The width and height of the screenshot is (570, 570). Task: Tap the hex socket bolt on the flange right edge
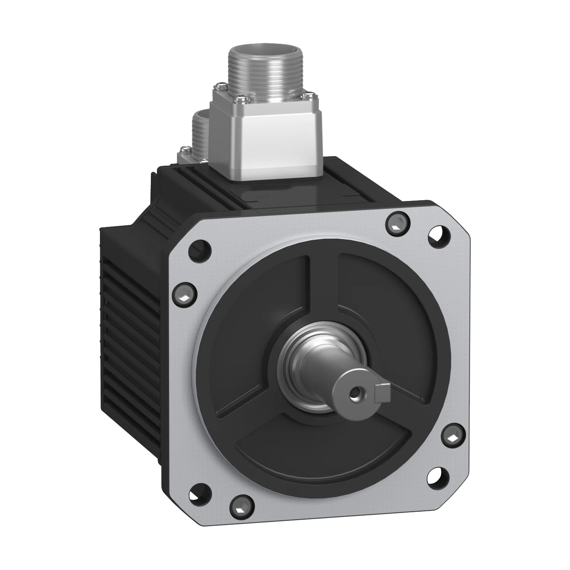click(453, 437)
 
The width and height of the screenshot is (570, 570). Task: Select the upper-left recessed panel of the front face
click(262, 304)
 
